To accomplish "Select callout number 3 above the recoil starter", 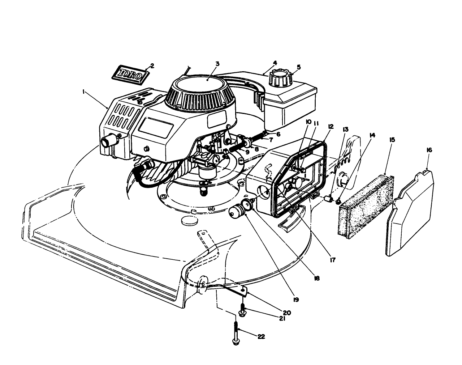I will [217, 64].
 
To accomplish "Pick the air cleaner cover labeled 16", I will [412, 213].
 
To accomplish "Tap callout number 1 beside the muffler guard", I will [83, 92].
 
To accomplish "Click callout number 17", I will [332, 260].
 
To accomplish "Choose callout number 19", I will [296, 300].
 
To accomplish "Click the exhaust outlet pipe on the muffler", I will [108, 141].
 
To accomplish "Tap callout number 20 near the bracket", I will [287, 313].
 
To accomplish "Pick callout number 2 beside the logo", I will [152, 66].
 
